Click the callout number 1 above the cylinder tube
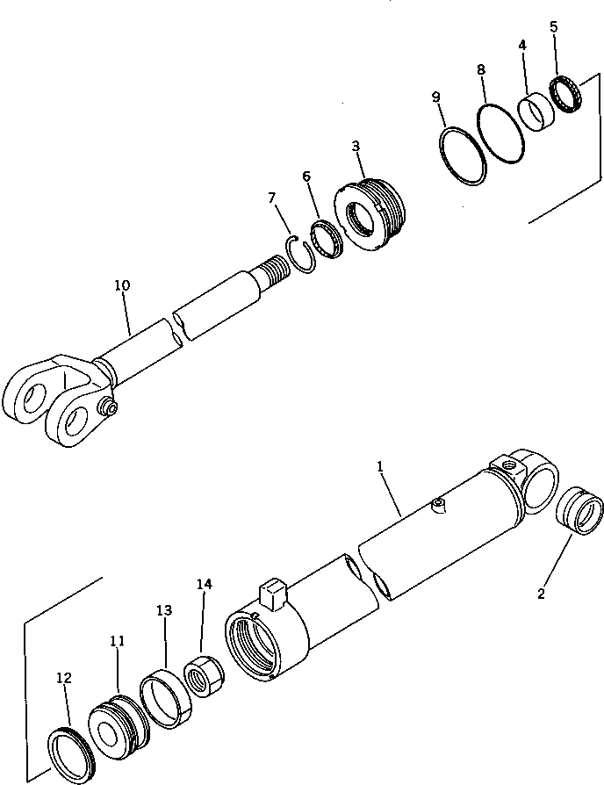point(381,469)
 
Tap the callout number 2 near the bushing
point(541,594)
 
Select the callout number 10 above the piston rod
point(122,285)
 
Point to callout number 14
point(204,582)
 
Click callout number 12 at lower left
point(63,678)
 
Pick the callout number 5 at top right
point(553,26)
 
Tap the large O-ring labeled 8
point(496,133)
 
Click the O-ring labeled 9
point(462,158)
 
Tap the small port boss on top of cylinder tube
point(440,503)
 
